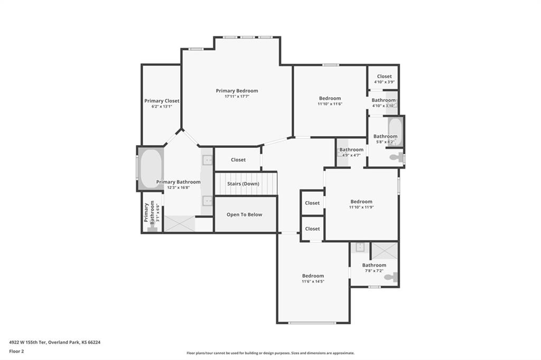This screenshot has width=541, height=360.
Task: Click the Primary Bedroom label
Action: coord(237,91)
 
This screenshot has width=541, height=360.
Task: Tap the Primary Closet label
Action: coord(162,101)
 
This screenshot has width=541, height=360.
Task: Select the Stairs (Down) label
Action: coord(243,184)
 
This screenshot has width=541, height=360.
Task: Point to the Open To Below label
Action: coord(244,214)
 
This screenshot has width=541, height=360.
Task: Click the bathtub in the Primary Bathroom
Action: coord(151,168)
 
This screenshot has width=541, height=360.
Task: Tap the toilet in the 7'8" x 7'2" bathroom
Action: coord(391,277)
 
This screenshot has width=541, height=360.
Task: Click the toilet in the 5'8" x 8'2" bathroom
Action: coord(396,158)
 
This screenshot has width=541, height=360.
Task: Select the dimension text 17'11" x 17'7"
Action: coord(237,97)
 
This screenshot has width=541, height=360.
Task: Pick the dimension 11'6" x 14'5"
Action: coord(313,281)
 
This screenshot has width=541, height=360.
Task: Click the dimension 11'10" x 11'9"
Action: coord(361,207)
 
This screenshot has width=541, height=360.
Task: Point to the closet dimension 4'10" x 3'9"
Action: coord(384,82)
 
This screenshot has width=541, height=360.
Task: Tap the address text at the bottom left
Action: coord(54,343)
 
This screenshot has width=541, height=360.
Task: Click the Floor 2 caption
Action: coord(16,352)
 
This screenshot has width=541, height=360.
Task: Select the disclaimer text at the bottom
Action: coord(270,353)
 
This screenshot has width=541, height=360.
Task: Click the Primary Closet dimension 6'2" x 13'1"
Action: coord(162,107)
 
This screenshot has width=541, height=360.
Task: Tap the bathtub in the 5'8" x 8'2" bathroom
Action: coord(395,132)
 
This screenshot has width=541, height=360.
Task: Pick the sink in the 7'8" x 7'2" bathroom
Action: coord(360,247)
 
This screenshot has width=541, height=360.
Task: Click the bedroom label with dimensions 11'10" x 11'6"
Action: coord(330,98)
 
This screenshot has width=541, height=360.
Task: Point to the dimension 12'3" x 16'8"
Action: coord(179,187)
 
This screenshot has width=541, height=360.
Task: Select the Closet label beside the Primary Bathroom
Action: coord(238,159)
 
